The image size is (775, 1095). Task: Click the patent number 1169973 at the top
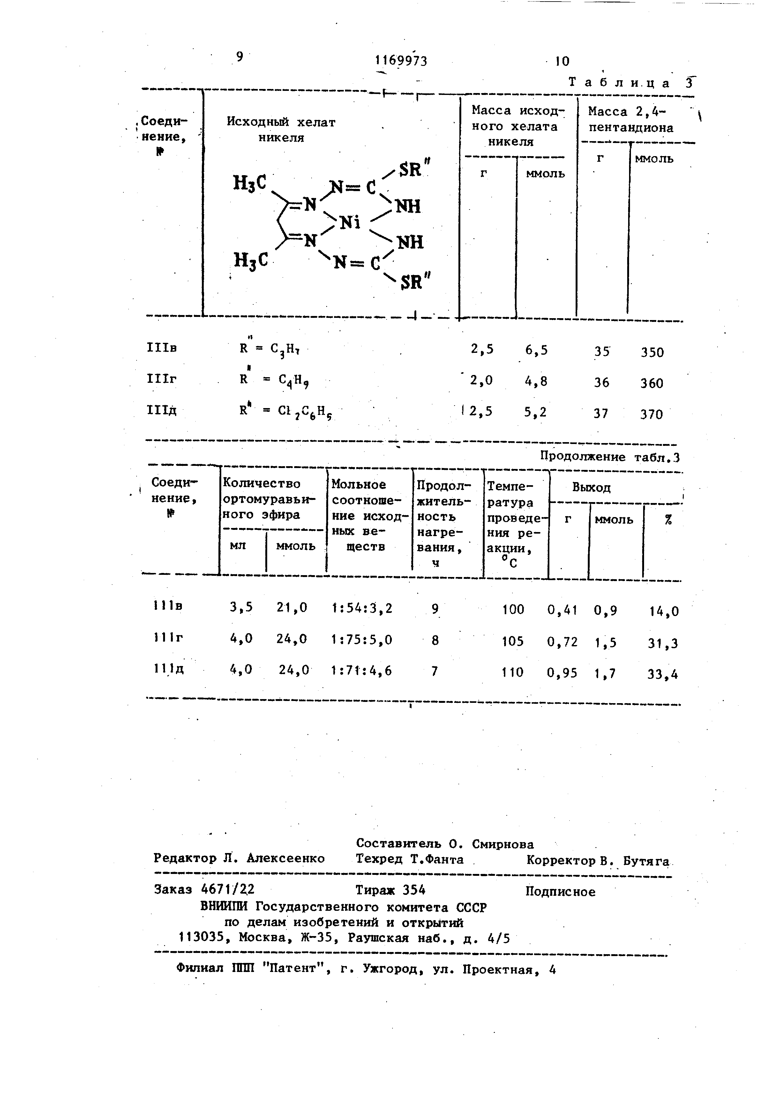coord(401,61)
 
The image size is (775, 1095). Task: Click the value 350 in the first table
coord(652,353)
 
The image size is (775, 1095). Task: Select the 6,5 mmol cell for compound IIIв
coord(536,351)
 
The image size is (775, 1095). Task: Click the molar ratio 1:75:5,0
coord(362,639)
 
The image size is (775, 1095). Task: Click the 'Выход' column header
coord(591,487)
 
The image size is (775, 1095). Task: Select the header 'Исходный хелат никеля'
coord(281,130)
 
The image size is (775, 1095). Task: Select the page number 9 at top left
coord(240,57)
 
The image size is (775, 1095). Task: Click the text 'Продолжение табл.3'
coord(609,457)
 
